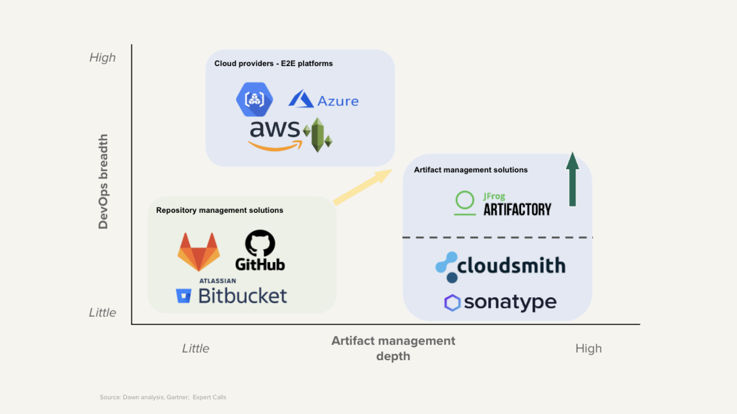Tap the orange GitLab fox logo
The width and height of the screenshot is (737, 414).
199,252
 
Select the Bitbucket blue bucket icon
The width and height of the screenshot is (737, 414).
183,296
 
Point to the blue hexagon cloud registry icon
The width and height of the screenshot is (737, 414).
254,99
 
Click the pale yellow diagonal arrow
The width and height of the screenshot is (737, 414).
363,187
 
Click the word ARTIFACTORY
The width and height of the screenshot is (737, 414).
517,209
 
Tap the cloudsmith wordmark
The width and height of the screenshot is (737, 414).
511,265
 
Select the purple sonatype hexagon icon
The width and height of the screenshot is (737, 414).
452,303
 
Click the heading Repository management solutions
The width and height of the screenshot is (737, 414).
220,210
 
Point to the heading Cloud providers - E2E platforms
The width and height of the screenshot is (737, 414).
273,64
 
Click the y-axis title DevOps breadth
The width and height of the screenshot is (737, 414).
103,181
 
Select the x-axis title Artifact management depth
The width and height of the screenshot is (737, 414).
393,348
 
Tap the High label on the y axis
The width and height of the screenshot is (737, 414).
102,57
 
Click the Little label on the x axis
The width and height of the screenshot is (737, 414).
196,348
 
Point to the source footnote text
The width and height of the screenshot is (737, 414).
163,397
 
